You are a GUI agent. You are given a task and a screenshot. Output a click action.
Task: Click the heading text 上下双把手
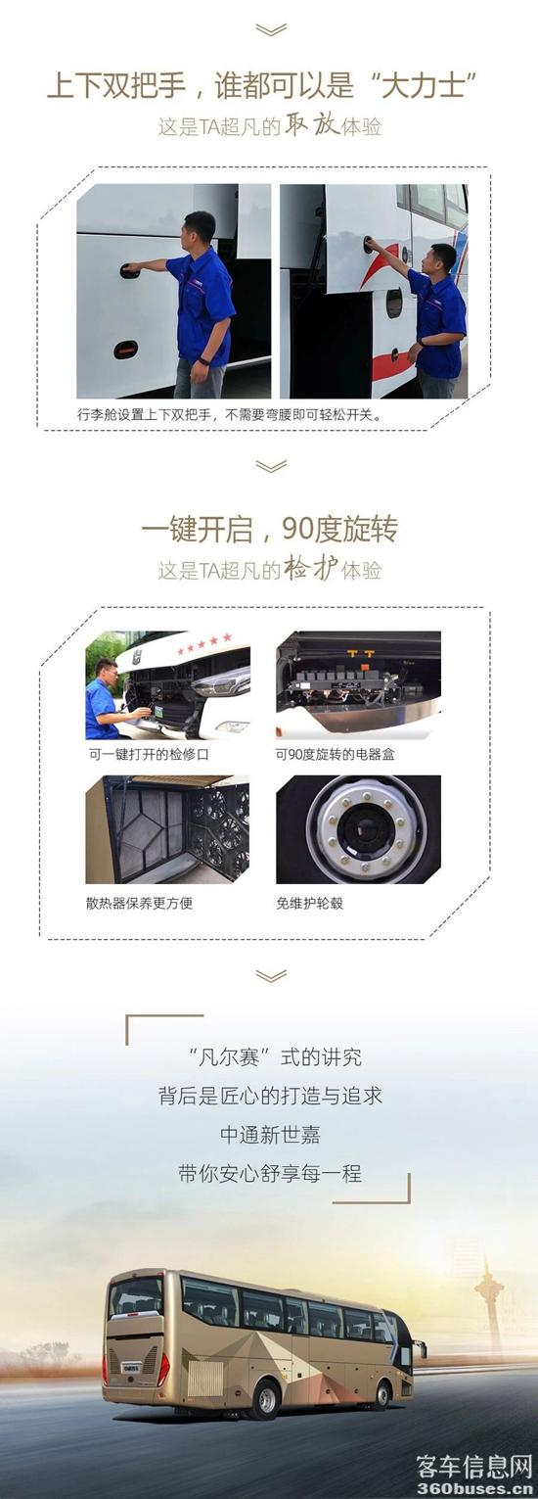[x=116, y=87]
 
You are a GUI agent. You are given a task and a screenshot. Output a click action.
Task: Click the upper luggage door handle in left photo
[x=130, y=270]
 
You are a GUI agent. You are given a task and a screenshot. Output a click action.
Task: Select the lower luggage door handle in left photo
[x=125, y=349]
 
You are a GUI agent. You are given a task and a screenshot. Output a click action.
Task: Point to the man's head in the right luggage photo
[x=442, y=258]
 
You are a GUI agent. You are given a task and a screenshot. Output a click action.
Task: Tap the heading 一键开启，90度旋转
[x=269, y=529]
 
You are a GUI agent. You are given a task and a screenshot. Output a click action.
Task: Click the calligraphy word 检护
[x=311, y=569]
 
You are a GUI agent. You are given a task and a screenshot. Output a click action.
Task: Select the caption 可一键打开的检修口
[x=149, y=754]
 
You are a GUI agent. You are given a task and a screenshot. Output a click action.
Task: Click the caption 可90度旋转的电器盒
[x=336, y=754]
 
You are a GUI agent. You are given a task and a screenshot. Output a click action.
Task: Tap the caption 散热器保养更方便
[x=139, y=903]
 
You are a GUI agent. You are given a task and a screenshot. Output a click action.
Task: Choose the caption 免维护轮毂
[x=309, y=903]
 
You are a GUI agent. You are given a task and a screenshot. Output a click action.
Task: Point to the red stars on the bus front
[x=204, y=643]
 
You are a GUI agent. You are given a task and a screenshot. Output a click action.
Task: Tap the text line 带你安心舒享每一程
[x=270, y=1173]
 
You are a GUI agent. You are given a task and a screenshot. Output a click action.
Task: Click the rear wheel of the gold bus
[x=267, y=1398]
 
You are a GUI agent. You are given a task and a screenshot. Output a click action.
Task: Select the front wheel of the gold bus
[x=381, y=1392]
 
